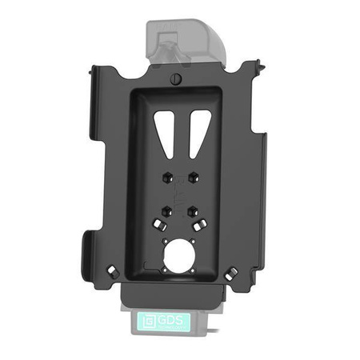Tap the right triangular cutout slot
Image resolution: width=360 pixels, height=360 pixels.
pyautogui.click(x=195, y=128)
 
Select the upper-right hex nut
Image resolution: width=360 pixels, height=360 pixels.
pyautogui.click(x=194, y=174)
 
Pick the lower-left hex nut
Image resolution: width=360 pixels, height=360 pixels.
pyautogui.click(x=165, y=211)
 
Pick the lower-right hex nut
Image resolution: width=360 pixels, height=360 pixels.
pyautogui.click(x=194, y=211)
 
